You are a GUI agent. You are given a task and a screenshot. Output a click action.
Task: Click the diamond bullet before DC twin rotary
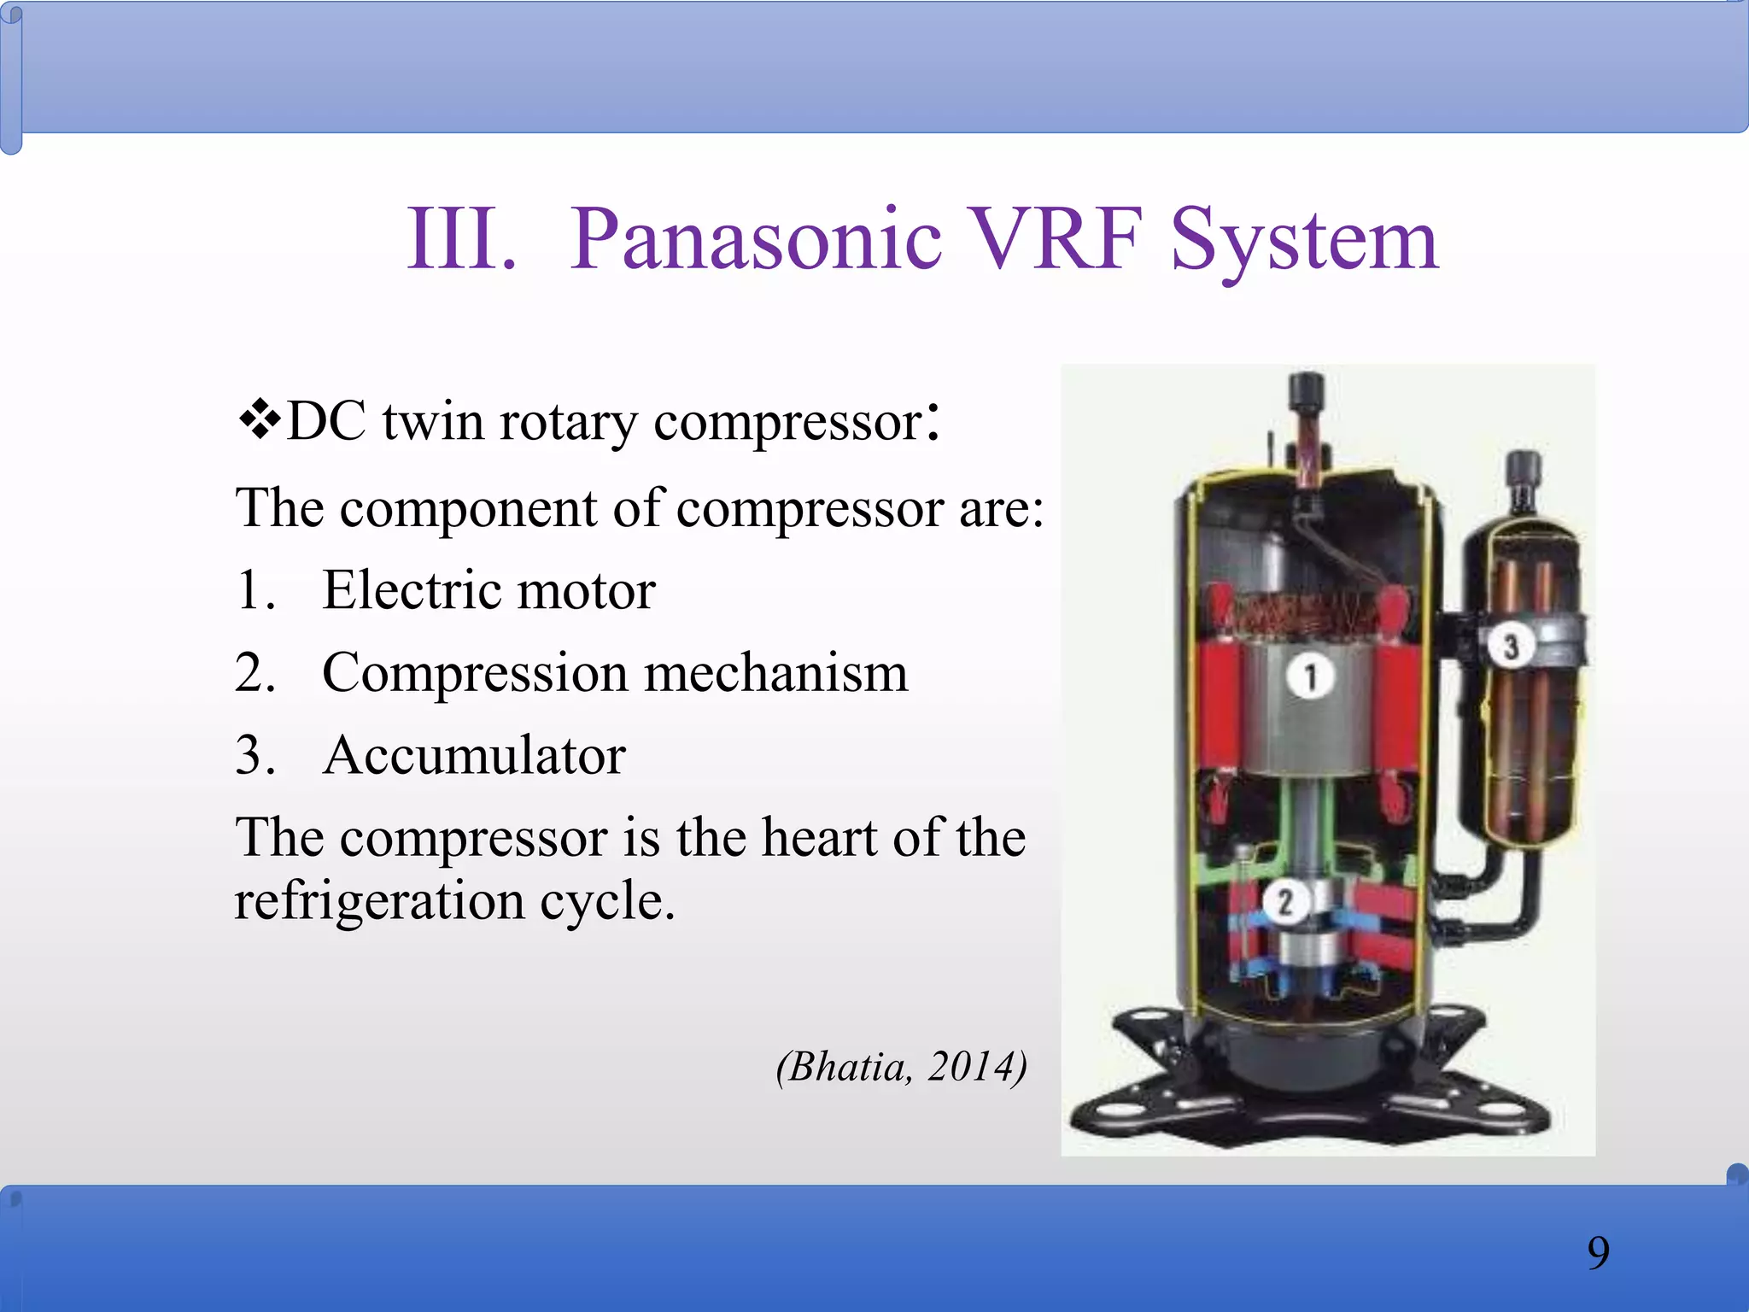[x=259, y=420]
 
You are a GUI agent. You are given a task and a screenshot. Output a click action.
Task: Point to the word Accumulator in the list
[x=474, y=755]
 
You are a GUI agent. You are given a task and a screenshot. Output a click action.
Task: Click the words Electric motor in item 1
[x=488, y=590]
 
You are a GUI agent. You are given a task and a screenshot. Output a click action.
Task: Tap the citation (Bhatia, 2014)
[x=901, y=1066]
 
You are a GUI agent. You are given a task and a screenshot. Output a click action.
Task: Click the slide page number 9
[x=1598, y=1253]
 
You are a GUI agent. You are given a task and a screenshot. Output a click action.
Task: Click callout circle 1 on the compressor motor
[x=1310, y=677]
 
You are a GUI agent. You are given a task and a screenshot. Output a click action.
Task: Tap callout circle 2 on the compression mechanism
[x=1284, y=902]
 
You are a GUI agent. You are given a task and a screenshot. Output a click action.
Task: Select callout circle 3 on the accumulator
[x=1510, y=646]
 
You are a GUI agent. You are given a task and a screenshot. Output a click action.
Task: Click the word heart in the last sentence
[x=819, y=837]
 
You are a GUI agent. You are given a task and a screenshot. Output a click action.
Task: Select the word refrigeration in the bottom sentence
[x=379, y=900]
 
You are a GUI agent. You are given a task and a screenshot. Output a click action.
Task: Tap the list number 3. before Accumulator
[x=255, y=755]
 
